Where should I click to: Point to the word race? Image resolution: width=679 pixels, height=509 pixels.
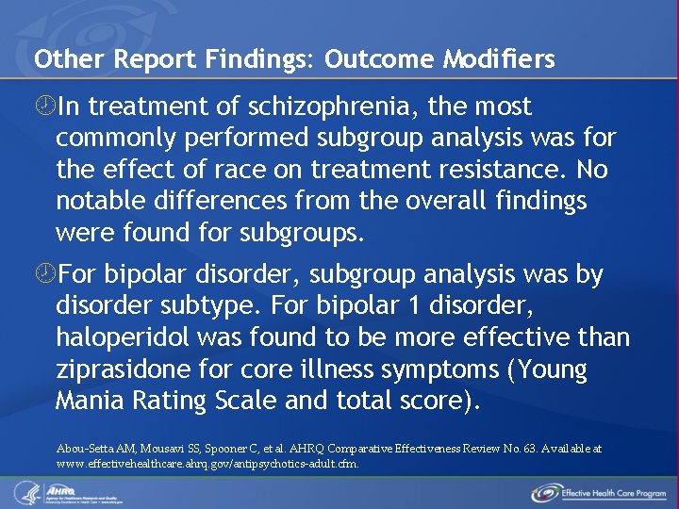(244, 170)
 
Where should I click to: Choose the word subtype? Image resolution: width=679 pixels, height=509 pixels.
(225, 305)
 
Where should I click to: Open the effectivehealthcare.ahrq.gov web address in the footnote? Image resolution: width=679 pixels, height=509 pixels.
(207, 464)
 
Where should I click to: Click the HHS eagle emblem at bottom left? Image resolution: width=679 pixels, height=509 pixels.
(24, 491)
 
